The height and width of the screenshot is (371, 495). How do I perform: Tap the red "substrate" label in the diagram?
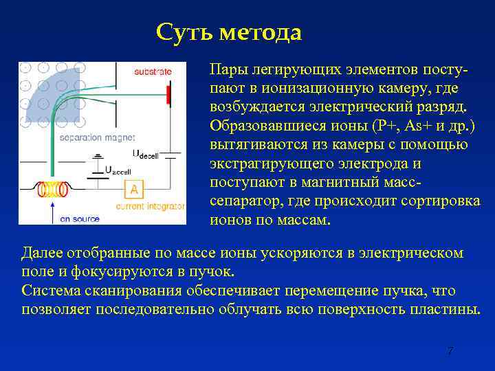point(153,71)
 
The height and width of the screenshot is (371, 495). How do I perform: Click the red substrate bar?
point(168,95)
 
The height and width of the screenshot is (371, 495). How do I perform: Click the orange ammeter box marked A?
point(134,189)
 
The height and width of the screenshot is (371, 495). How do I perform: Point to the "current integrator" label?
point(151,205)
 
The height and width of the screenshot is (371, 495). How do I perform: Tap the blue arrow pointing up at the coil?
point(52,209)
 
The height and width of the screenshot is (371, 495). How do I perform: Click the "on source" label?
point(80,219)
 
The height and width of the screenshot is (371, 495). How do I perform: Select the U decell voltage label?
point(145,154)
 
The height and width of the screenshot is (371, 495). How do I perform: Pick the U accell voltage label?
point(118,170)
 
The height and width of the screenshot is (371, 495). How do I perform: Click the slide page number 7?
point(450,351)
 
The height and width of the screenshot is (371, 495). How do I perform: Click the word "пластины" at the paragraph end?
point(448,308)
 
